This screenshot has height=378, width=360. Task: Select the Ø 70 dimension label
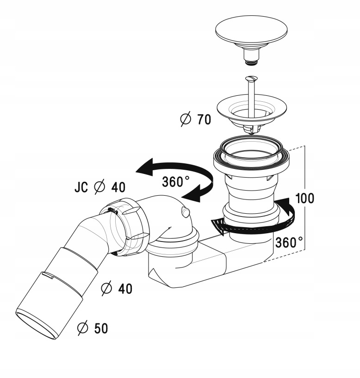point(195,119)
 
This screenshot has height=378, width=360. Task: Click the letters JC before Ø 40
point(82,187)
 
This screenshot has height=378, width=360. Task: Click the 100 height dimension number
point(305,198)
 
